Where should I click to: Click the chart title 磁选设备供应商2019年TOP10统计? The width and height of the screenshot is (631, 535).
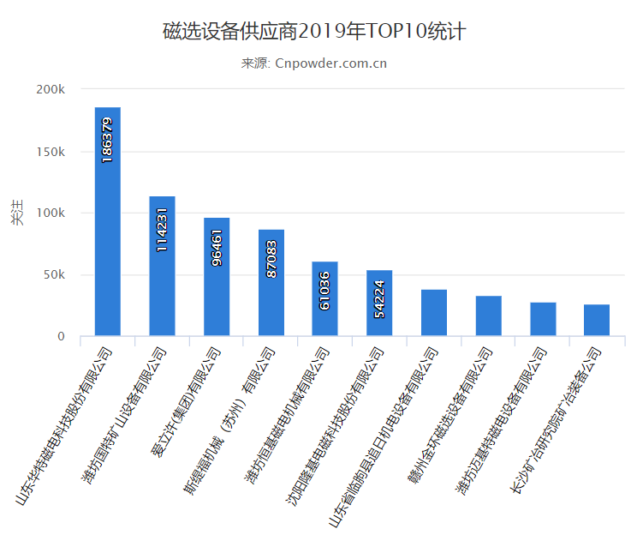(x=314, y=33)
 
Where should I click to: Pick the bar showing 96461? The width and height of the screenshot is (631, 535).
(x=217, y=276)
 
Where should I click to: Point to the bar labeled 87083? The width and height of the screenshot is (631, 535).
(x=271, y=282)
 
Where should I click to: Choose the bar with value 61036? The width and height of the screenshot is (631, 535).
(x=325, y=298)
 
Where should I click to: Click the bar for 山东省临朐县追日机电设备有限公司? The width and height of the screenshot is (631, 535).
(x=434, y=313)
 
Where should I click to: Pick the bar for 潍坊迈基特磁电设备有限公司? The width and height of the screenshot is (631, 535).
(x=543, y=319)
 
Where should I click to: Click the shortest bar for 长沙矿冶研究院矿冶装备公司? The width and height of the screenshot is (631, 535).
(x=597, y=320)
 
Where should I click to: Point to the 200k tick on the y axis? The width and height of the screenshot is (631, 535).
(x=50, y=90)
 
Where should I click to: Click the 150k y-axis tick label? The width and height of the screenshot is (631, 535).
(x=50, y=152)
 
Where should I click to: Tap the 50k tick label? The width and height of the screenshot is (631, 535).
(x=53, y=275)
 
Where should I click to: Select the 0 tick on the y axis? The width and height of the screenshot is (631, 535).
(x=61, y=337)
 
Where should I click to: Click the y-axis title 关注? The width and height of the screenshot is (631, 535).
(x=17, y=213)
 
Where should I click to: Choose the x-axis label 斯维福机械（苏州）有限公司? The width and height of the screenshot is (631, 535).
(x=230, y=418)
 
